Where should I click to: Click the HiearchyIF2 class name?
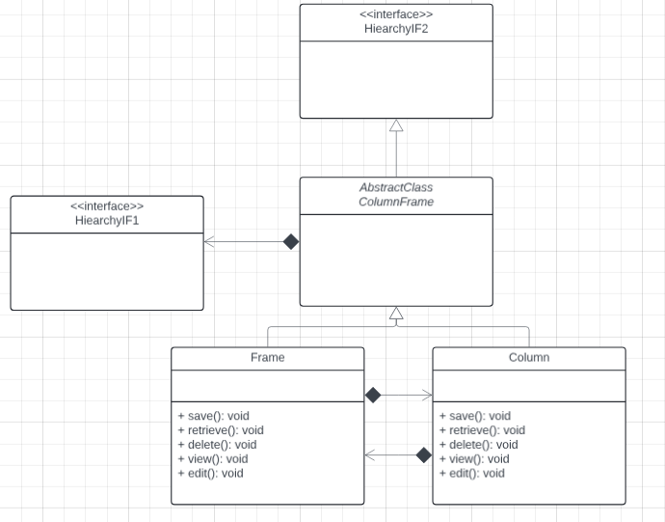395,29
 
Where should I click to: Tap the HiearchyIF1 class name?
106,221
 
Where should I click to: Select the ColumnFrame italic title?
395,202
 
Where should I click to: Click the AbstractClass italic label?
395,187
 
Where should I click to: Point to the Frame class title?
267,357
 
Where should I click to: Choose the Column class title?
528,357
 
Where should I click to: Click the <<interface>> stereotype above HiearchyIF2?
395,14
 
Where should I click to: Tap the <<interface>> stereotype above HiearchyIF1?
106,206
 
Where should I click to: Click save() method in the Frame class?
213,416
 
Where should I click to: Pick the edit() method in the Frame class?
210,473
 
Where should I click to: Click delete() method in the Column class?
478,445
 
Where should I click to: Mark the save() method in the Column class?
474,416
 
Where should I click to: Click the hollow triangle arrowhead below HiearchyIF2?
395,125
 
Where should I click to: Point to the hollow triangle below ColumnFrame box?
395,313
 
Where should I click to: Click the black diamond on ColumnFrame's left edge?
290,241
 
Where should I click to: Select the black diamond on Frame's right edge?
374,395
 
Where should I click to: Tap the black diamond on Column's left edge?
423,454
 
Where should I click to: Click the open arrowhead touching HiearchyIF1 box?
209,241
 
